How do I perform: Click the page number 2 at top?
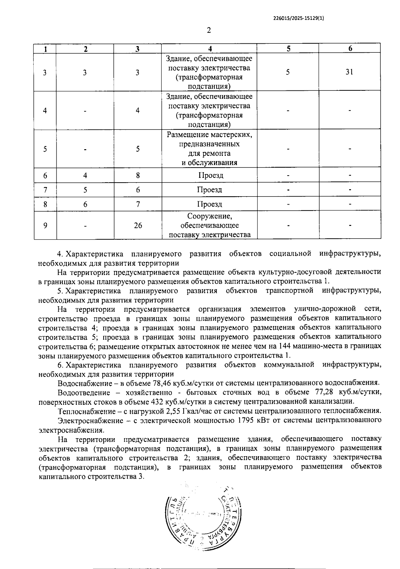209,30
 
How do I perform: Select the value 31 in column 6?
349,72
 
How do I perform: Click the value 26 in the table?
138,226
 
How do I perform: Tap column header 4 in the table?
210,49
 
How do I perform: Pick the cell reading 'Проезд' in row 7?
209,190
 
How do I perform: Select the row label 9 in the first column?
45,226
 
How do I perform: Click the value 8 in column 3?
138,175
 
